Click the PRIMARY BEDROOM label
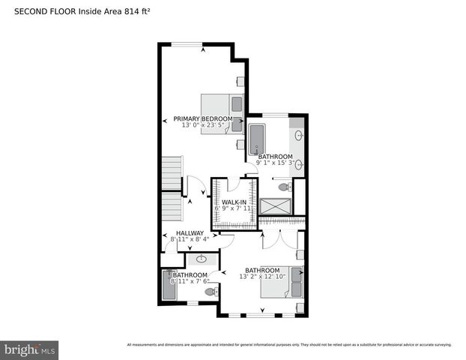tap(202, 118)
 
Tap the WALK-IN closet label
tap(234, 203)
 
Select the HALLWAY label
tap(190, 233)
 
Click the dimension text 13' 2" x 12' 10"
tap(263, 277)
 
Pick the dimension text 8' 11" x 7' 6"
tap(190, 282)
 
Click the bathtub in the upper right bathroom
tap(256, 139)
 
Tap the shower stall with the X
tap(274, 206)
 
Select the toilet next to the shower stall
tap(284, 187)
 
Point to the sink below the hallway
tap(202, 259)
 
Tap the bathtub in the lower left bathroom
tap(169, 286)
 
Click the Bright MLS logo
tap(29, 349)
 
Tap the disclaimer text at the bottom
tap(289, 345)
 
